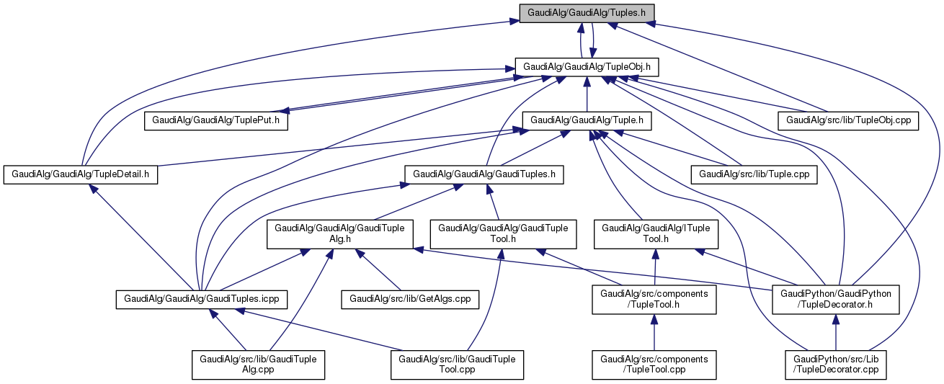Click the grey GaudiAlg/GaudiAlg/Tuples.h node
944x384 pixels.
[591, 13]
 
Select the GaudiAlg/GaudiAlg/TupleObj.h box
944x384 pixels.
[587, 66]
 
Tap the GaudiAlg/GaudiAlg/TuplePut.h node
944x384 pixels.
[216, 120]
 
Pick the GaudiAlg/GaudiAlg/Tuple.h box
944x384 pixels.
[587, 120]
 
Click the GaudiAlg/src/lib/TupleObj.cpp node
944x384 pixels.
[848, 120]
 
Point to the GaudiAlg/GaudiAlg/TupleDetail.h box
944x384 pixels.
[81, 174]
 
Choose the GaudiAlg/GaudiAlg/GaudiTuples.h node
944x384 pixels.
[484, 174]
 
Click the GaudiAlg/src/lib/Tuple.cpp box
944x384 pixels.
[754, 174]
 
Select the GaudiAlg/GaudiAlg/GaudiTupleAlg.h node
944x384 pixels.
[340, 234]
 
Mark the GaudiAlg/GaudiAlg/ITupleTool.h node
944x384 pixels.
[655, 234]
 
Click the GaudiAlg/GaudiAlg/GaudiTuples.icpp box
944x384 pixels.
[202, 298]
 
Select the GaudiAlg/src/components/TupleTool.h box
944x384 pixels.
[654, 299]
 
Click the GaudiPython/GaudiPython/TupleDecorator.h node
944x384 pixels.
[835, 299]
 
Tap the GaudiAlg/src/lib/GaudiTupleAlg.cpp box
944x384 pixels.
[258, 365]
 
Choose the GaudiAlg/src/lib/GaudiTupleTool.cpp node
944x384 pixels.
[457, 365]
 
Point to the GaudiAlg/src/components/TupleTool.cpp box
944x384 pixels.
[654, 365]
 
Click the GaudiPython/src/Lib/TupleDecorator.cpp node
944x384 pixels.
[835, 365]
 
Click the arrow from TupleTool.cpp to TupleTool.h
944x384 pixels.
[654, 332]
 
